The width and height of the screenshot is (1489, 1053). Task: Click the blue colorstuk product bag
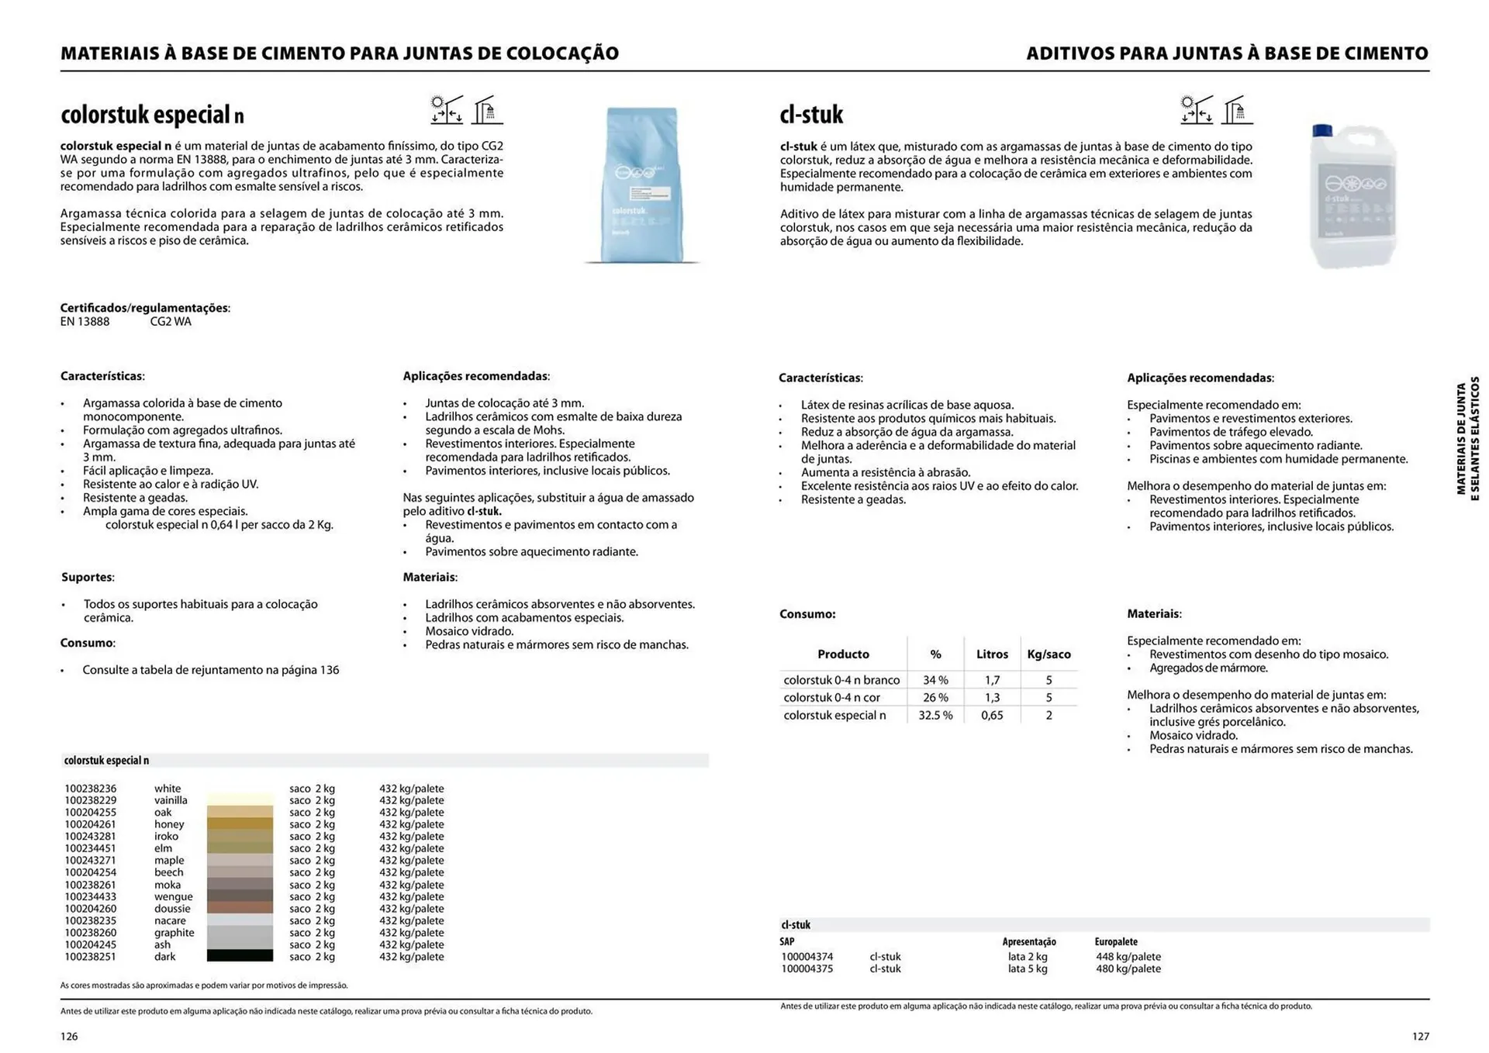point(641,186)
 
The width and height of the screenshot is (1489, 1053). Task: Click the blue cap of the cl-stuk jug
point(1321,130)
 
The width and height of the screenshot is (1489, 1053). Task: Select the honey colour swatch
point(240,824)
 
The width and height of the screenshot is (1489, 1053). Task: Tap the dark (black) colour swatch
point(240,957)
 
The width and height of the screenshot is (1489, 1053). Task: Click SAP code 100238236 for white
point(90,789)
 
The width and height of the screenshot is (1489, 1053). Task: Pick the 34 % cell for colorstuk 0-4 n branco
point(935,680)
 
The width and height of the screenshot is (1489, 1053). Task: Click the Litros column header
point(992,654)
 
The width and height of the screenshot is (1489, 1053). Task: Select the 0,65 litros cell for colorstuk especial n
point(992,716)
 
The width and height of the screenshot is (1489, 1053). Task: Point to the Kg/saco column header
point(1049,654)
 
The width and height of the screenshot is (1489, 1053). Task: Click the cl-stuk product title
point(811,115)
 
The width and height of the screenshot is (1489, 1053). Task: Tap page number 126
point(69,1037)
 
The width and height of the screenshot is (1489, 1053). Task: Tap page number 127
point(1420,1037)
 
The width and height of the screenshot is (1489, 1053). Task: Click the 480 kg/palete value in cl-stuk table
point(1128,969)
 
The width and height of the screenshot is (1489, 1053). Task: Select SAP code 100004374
point(807,957)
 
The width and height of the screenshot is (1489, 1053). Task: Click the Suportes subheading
point(87,578)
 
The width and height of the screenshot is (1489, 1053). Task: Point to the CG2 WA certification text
point(171,322)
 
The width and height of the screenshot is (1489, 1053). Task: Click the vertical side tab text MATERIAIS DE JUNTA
point(1461,439)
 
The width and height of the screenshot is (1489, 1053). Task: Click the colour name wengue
point(173,897)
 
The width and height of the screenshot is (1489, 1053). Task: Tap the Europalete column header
point(1115,942)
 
